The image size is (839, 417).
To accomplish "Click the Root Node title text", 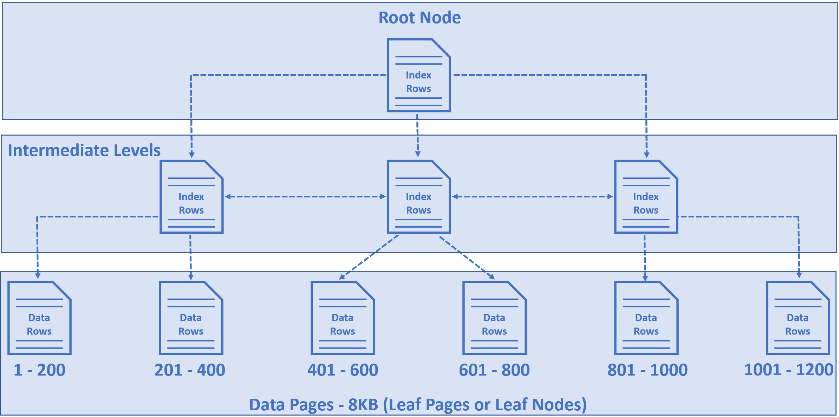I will coord(419,18).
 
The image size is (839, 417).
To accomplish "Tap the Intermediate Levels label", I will coord(84,150).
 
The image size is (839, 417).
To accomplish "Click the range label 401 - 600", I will coord(343,370).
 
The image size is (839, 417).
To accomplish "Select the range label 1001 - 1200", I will coord(788,370).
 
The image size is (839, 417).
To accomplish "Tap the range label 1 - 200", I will coord(39,370).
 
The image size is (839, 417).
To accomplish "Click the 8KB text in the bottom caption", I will coord(363,405).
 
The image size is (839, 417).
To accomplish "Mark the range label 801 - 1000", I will coord(647,370).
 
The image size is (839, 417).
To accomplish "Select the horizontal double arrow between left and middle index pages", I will coord(305,197).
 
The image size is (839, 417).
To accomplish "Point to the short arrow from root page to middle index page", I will coord(417,135).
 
